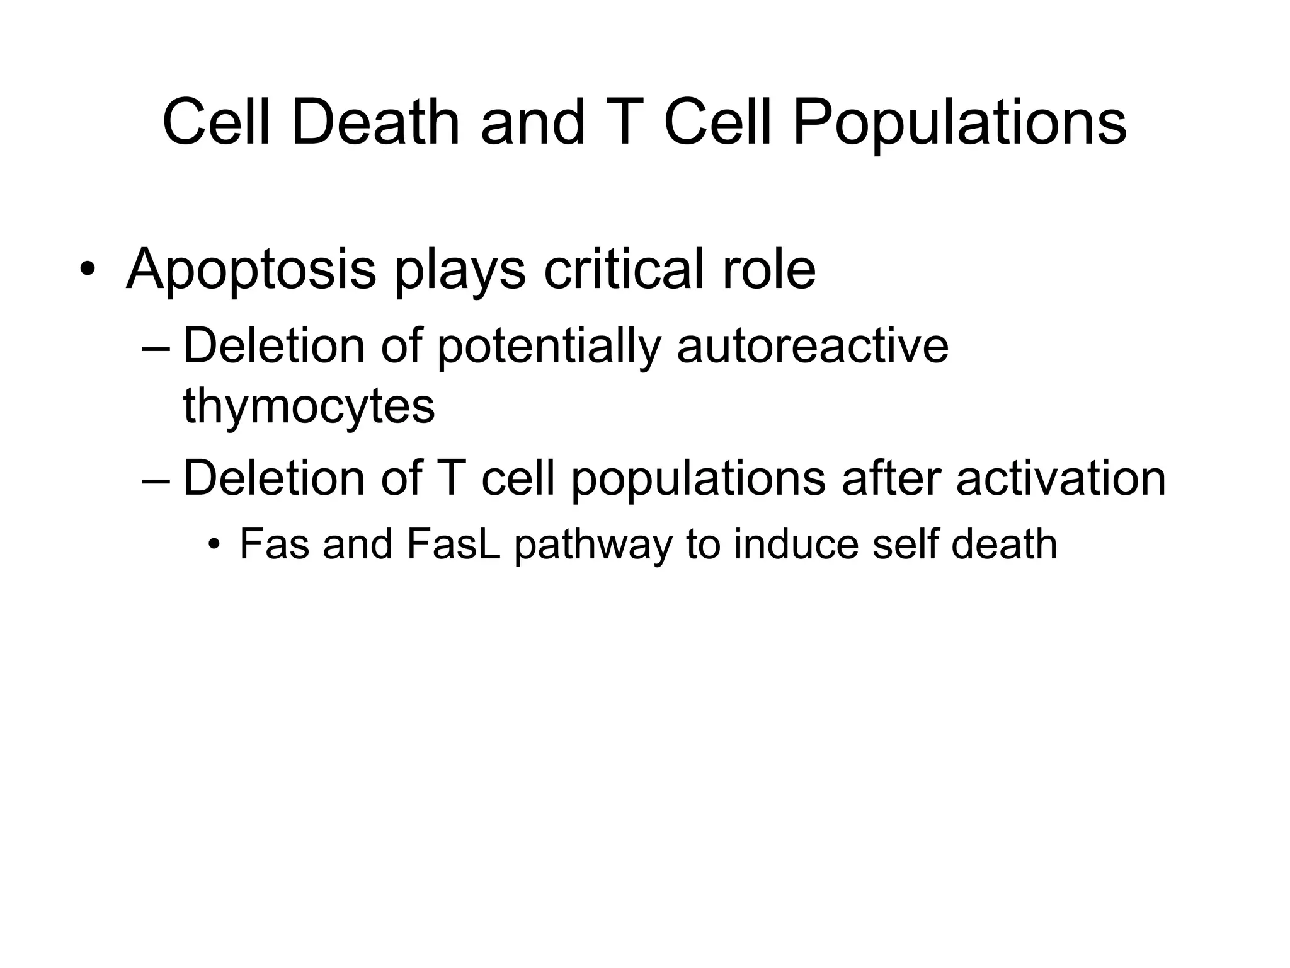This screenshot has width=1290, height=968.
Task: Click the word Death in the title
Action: pos(375,123)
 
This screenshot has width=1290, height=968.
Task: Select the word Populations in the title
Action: pos(959,123)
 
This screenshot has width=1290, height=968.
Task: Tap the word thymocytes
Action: pos(309,406)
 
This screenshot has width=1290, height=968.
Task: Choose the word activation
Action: pos(1061,478)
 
